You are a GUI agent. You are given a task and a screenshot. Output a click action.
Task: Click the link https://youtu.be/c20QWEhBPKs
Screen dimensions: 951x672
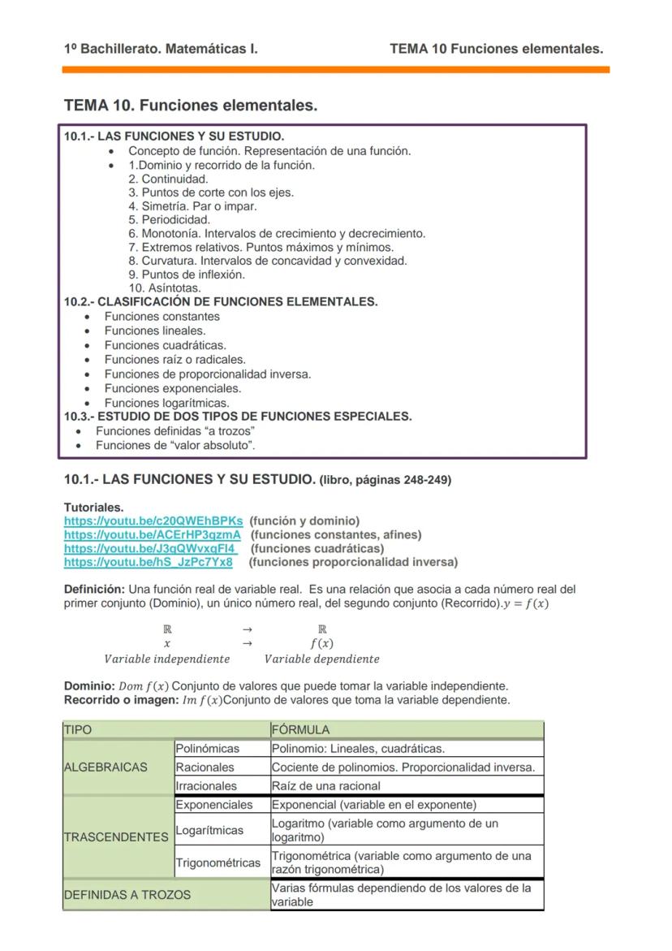point(153,521)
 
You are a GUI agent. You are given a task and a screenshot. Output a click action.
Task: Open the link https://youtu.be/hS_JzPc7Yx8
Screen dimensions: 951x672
point(148,562)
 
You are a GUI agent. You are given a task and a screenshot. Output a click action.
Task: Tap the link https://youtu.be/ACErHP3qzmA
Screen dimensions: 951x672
point(153,534)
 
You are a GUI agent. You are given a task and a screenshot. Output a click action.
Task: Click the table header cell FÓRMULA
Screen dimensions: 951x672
point(300,730)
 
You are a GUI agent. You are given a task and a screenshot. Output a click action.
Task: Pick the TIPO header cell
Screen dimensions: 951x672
point(78,730)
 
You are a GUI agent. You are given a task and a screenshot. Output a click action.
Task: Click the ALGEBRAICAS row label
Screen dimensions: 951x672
point(106,767)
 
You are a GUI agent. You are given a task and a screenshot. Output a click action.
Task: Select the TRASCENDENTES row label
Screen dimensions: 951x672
point(116,836)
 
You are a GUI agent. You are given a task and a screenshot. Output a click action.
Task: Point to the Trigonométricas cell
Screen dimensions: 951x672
point(218,862)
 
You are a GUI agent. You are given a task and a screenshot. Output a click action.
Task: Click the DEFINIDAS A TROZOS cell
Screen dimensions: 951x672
point(127,895)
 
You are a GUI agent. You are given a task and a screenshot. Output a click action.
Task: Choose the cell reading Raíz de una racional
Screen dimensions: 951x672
point(326,786)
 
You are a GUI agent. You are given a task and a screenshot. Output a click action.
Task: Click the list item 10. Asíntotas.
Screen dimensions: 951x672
point(165,288)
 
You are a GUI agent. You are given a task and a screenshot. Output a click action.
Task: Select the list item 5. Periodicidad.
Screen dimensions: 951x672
point(169,219)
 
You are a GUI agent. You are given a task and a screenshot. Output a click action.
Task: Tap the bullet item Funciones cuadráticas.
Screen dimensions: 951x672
point(165,345)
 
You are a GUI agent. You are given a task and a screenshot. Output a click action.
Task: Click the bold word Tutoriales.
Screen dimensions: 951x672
point(93,507)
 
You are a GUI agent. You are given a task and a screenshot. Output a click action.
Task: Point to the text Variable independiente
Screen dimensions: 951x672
point(166,659)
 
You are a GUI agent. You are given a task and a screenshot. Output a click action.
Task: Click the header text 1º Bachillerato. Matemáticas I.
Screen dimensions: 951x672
point(161,49)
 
